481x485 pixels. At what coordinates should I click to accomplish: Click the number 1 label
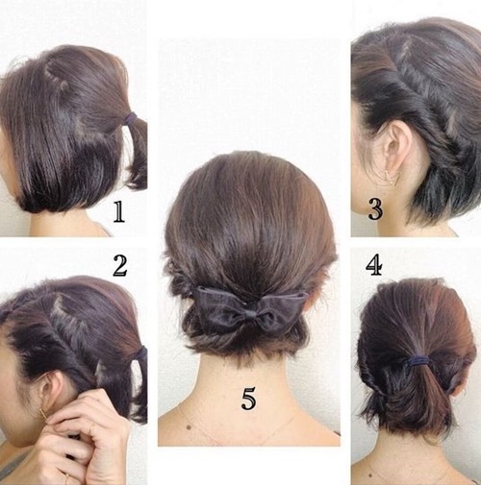pos(119,212)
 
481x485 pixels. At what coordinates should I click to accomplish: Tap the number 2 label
pos(120,266)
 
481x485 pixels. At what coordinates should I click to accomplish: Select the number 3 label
pos(375,209)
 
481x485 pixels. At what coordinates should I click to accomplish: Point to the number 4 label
pos(374,265)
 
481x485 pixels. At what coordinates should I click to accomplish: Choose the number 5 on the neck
pos(248,399)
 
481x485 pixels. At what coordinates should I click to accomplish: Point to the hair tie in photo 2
pos(140,353)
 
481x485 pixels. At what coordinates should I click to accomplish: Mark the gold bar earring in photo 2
pos(43,416)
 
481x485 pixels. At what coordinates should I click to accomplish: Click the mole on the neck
pos(189,427)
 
